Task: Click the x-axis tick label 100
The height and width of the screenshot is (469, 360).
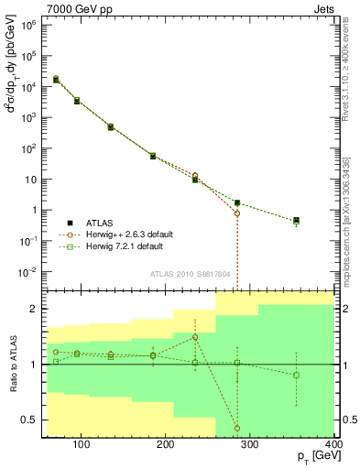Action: pos(82,445)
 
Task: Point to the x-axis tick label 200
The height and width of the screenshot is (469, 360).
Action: pos(166,445)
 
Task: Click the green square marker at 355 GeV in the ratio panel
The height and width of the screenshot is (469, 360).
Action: pos(296,375)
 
